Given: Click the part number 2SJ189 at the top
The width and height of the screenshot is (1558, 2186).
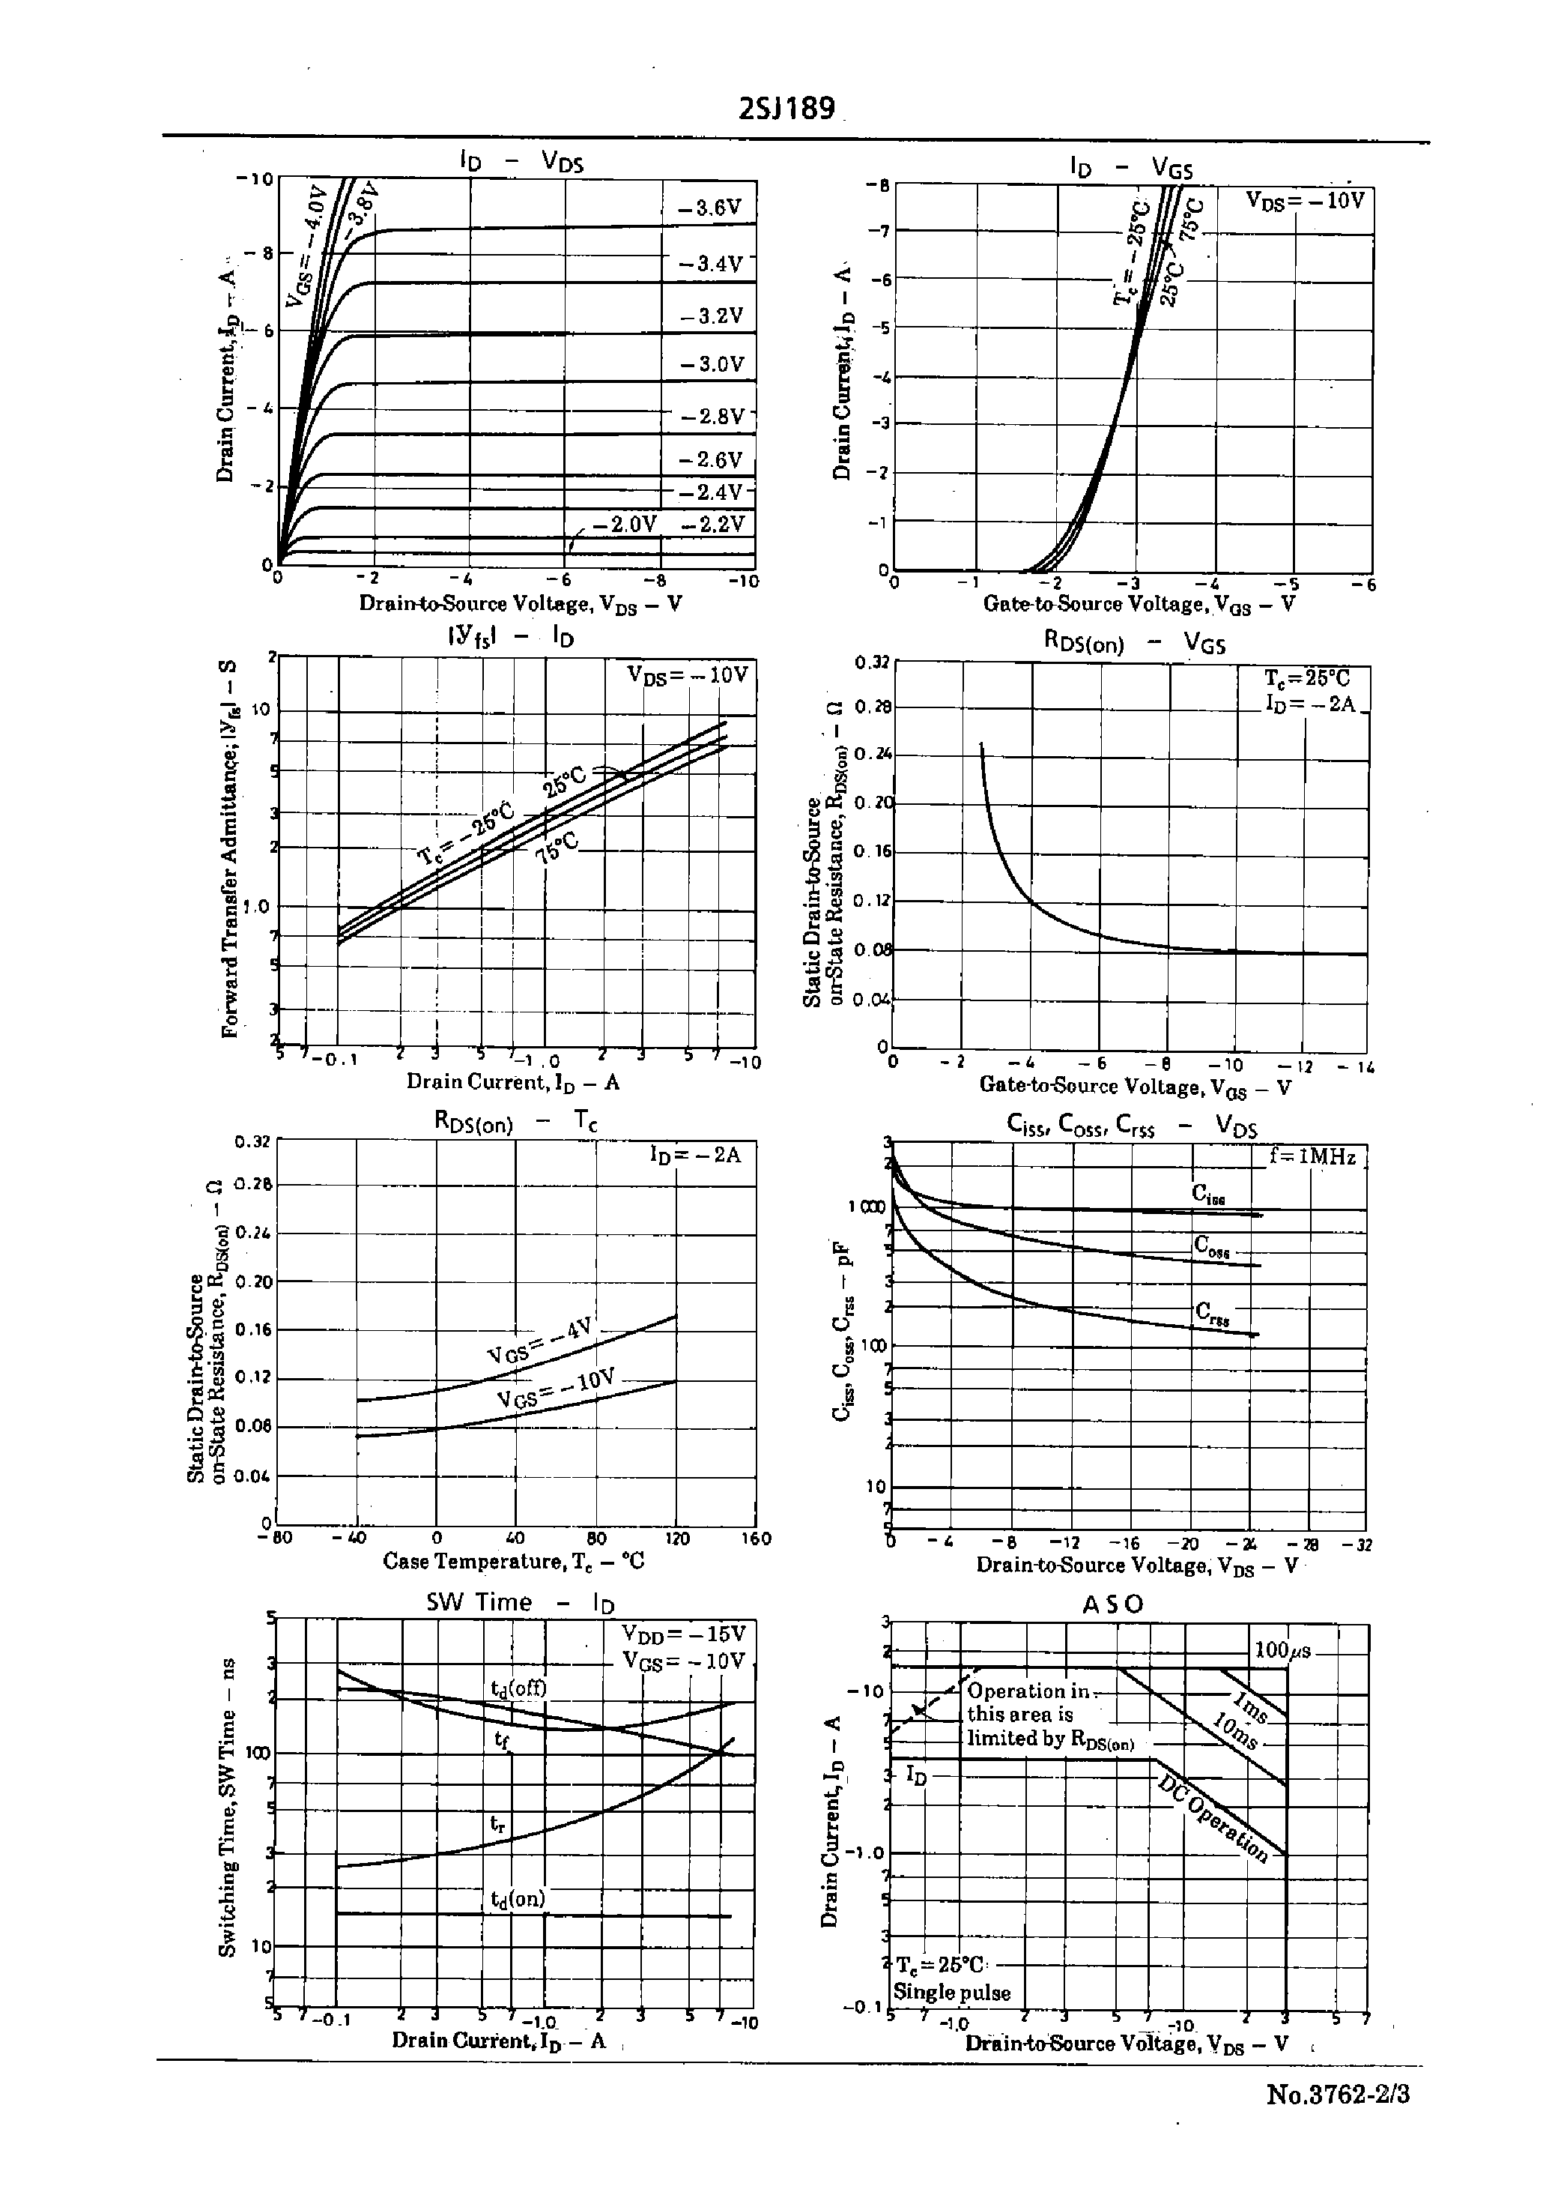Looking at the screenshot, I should pyautogui.click(x=786, y=109).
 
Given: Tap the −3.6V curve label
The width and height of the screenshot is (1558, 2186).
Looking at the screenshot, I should pyautogui.click(x=710, y=208).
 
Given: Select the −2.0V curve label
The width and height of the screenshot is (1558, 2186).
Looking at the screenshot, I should pyautogui.click(x=625, y=524).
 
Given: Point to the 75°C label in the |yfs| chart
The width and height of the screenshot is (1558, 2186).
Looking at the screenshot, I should pyautogui.click(x=557, y=848).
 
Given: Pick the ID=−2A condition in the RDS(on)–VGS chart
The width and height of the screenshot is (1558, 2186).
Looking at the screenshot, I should pyautogui.click(x=1311, y=704).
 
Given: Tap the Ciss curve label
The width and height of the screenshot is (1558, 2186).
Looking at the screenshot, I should pyautogui.click(x=1209, y=1193).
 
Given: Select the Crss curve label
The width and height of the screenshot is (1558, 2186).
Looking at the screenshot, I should pyautogui.click(x=1212, y=1314).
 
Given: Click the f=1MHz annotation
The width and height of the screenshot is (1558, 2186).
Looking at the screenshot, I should pyautogui.click(x=1312, y=1157).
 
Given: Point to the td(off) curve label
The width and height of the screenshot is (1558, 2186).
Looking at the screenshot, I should pyautogui.click(x=518, y=1688).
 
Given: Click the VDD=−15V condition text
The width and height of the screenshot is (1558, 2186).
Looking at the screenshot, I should pyautogui.click(x=683, y=1633).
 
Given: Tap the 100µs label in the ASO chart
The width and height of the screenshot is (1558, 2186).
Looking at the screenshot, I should pyautogui.click(x=1282, y=1650).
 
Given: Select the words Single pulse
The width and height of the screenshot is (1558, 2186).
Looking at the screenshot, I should pyautogui.click(x=952, y=1992).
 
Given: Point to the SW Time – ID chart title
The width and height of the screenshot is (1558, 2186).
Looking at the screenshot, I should pyautogui.click(x=519, y=1601).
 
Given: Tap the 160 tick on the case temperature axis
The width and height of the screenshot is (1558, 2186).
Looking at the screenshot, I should pyautogui.click(x=756, y=1539).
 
